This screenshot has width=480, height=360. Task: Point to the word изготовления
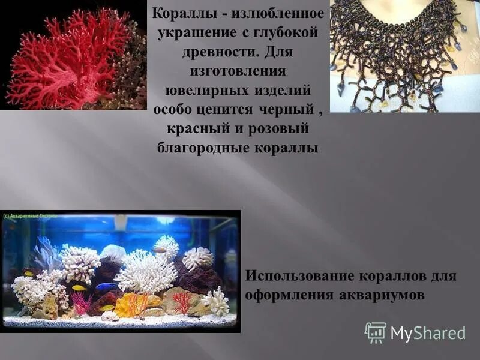point(237,71)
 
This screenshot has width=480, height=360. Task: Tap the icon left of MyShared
point(376,332)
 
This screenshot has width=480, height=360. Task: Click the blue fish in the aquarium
point(106,287)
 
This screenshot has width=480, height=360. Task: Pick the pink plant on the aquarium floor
point(82,304)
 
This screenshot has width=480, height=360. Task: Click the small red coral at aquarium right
point(181,302)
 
